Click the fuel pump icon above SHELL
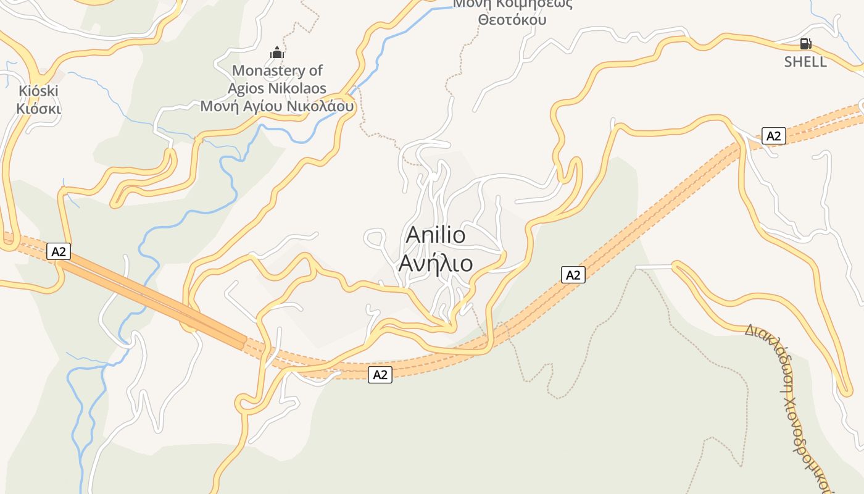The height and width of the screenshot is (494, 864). pyautogui.click(x=805, y=44)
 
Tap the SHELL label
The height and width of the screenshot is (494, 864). pyautogui.click(x=805, y=62)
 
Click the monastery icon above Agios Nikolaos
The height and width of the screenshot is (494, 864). pyautogui.click(x=277, y=52)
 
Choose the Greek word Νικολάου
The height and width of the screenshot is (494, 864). pyautogui.click(x=320, y=106)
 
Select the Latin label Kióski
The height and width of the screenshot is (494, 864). pyautogui.click(x=38, y=91)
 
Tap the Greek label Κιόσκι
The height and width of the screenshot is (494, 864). pyautogui.click(x=38, y=109)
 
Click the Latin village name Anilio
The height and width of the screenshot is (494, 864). pyautogui.click(x=436, y=235)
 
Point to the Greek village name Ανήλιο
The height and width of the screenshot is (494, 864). pyautogui.click(x=436, y=264)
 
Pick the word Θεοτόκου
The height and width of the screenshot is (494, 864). pyautogui.click(x=512, y=20)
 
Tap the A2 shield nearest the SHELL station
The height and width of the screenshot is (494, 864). pyautogui.click(x=773, y=136)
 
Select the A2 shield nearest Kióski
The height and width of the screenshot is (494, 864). pyautogui.click(x=59, y=252)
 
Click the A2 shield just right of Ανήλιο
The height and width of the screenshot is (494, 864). pyautogui.click(x=573, y=275)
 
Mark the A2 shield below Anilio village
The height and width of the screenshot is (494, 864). pyautogui.click(x=380, y=374)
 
